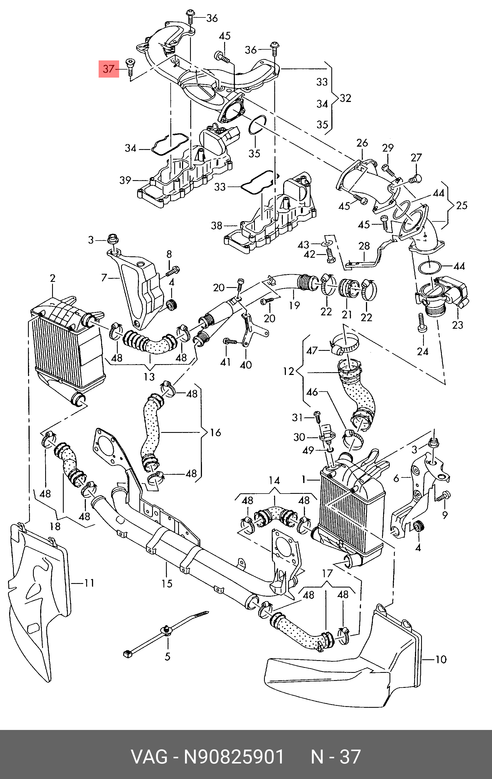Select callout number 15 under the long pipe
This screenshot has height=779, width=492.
click(x=167, y=583)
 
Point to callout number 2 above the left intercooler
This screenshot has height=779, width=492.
click(x=53, y=278)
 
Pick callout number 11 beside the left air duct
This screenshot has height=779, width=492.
click(x=89, y=583)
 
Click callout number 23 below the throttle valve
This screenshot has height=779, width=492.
click(x=457, y=325)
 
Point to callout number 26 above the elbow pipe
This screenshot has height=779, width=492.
click(x=362, y=143)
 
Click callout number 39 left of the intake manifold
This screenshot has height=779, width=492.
click(x=125, y=180)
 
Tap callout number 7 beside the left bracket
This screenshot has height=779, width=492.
click(x=104, y=277)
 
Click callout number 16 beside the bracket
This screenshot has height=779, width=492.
click(x=216, y=432)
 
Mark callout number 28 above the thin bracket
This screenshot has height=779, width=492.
click(x=364, y=246)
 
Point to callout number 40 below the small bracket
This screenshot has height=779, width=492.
click(x=246, y=365)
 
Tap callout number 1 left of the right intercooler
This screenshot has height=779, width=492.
click(x=303, y=479)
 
